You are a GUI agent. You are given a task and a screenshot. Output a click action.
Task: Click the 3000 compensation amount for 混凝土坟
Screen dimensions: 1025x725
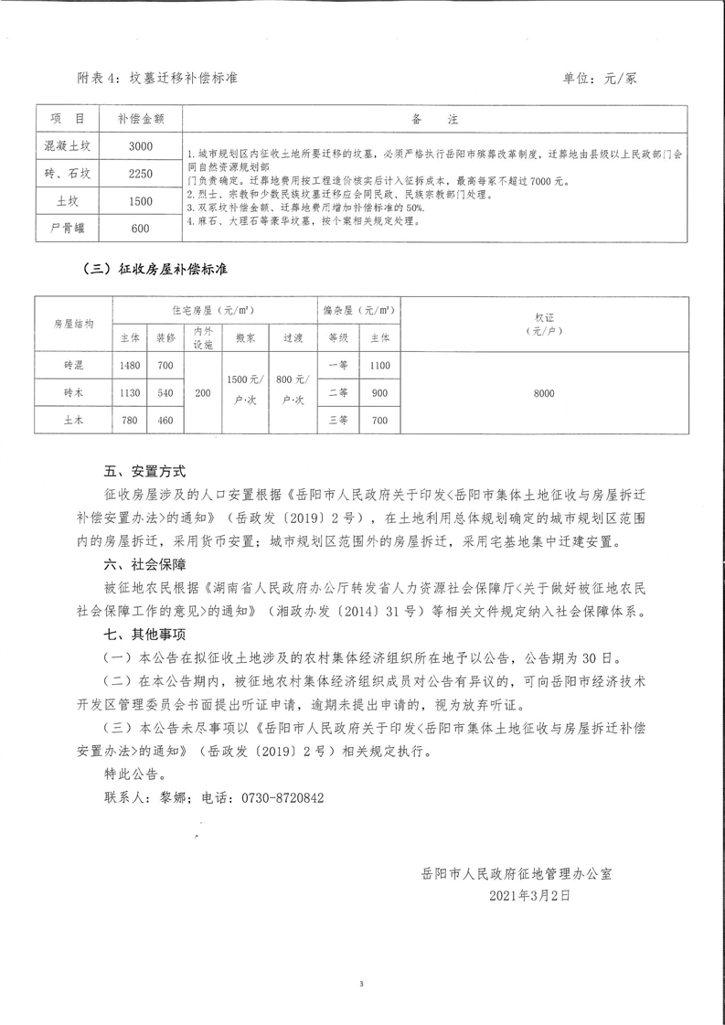click(x=141, y=146)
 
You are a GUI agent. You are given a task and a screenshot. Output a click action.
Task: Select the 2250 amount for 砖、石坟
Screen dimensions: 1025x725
click(x=141, y=174)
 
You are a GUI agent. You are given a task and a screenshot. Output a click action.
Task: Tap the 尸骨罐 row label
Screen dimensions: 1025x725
click(x=68, y=229)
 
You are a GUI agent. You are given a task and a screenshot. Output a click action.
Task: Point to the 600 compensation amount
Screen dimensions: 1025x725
click(x=141, y=229)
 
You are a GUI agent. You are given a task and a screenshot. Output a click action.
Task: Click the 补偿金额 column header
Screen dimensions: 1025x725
click(x=141, y=119)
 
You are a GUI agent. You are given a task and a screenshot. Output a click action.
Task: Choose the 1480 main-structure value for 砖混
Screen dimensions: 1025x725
click(x=130, y=367)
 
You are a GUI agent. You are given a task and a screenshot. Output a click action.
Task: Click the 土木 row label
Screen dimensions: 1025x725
click(x=69, y=421)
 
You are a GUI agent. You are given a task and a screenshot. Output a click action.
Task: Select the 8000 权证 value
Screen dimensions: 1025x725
click(x=544, y=393)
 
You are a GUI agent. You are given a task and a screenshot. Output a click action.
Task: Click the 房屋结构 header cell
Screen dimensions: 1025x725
click(x=73, y=324)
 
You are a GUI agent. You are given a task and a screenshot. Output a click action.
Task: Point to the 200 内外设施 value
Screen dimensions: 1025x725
click(x=202, y=393)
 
